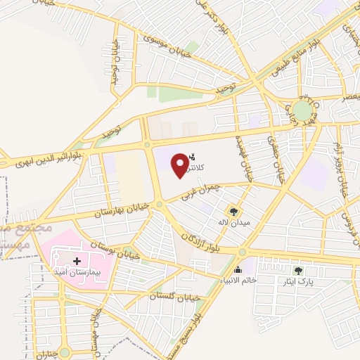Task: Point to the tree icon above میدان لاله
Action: coord(233,211)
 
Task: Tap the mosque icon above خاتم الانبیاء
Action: coord(238,269)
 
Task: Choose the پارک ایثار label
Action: coord(299,282)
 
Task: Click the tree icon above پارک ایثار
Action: coord(299,271)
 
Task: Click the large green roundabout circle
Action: coord(302,110)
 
